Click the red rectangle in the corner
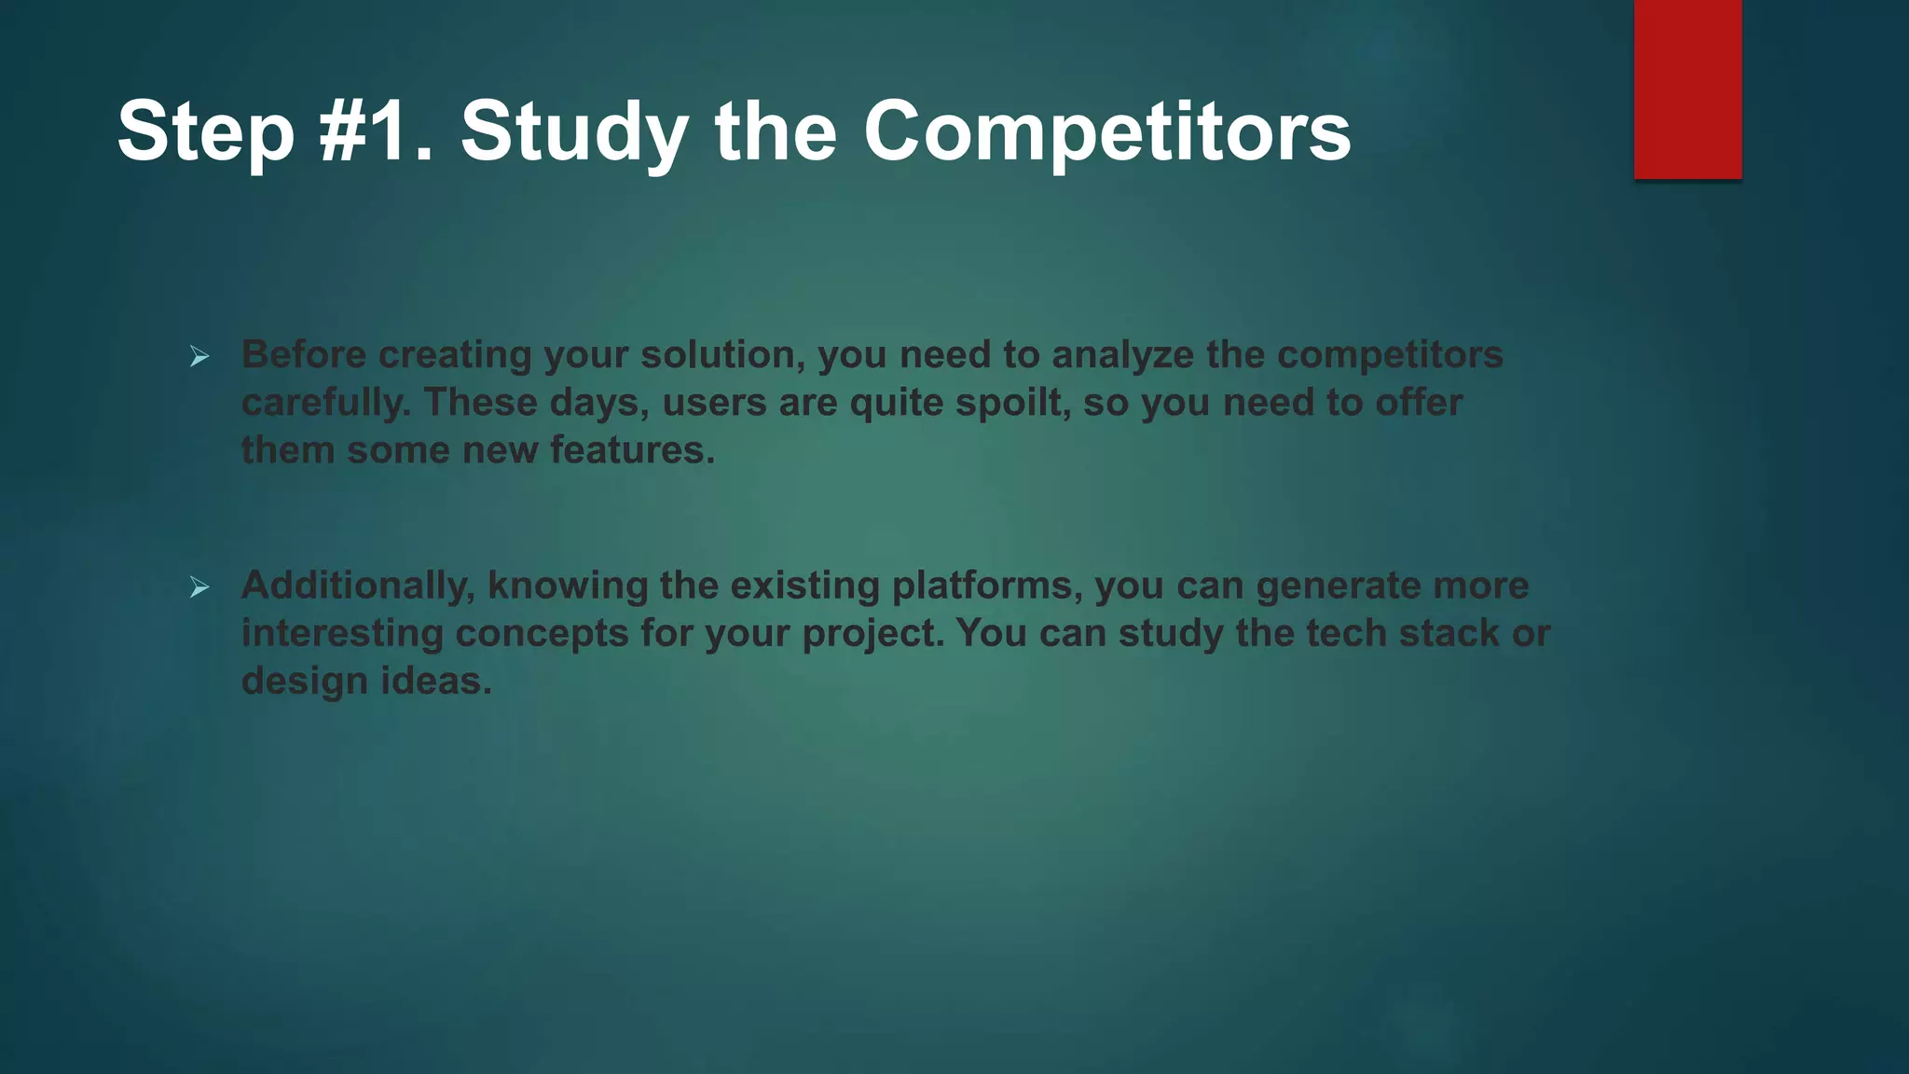(x=1687, y=89)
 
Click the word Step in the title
(x=205, y=131)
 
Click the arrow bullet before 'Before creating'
(x=199, y=356)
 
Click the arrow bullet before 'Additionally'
(x=199, y=587)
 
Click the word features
(x=631, y=450)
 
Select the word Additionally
(x=358, y=585)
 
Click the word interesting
(x=342, y=633)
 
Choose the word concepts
(x=542, y=633)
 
